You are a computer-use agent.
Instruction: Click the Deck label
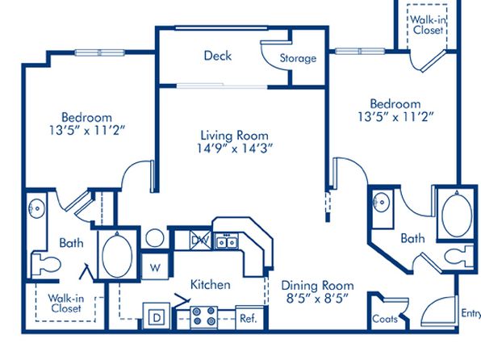click(x=218, y=56)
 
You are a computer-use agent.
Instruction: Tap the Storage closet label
click(x=298, y=58)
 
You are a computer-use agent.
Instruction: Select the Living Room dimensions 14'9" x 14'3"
click(x=234, y=149)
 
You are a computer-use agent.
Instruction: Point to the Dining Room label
click(x=317, y=286)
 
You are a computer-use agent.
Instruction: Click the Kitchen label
click(x=211, y=284)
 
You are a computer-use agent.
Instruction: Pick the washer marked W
click(x=155, y=266)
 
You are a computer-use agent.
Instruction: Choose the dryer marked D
click(x=157, y=316)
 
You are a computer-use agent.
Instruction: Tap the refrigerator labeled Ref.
click(x=249, y=318)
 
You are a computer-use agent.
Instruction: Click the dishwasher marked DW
click(x=201, y=240)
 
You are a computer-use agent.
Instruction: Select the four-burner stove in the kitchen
click(x=203, y=317)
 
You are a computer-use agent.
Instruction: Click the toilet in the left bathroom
click(x=46, y=264)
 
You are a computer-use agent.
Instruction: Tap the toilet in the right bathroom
click(x=459, y=255)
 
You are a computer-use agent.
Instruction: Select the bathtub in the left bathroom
click(x=117, y=255)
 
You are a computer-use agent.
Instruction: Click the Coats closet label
click(x=385, y=319)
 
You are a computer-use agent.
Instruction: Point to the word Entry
click(x=471, y=313)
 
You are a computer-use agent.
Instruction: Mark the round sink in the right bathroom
click(x=381, y=203)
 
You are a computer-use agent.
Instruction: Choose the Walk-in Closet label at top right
click(x=428, y=25)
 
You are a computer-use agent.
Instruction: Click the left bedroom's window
click(x=100, y=52)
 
